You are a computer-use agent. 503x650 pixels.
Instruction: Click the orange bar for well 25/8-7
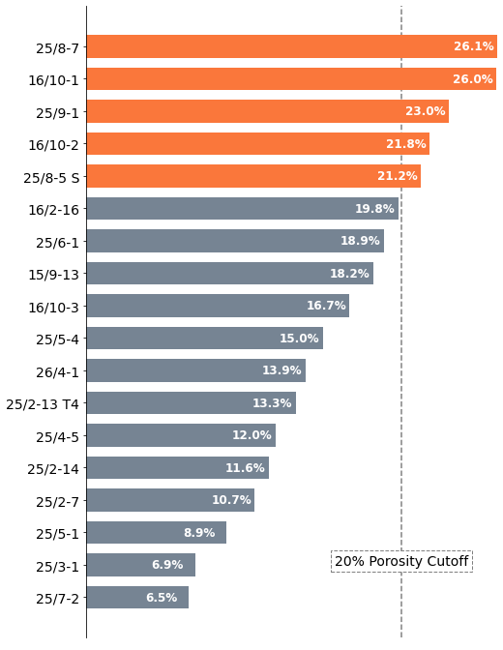(x=292, y=46)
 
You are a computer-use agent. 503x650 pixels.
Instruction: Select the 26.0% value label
(x=473, y=78)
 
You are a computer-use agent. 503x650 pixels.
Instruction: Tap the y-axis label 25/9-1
(x=57, y=113)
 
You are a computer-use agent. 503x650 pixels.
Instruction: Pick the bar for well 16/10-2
(x=258, y=144)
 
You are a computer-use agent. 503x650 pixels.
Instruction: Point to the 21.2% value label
(x=398, y=176)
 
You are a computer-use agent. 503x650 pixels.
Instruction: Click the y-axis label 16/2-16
(x=53, y=210)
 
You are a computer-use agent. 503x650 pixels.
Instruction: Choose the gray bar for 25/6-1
(x=235, y=241)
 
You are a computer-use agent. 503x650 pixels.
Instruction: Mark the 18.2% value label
(x=349, y=273)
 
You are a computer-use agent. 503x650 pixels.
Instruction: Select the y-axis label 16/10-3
(x=53, y=308)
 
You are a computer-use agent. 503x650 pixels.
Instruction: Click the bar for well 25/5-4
(x=205, y=339)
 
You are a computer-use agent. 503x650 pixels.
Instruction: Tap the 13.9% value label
(x=282, y=369)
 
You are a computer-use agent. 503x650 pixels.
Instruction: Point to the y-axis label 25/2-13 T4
(x=43, y=404)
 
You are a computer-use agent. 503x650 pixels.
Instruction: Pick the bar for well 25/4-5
(x=181, y=435)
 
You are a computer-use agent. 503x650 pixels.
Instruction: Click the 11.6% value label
(x=245, y=468)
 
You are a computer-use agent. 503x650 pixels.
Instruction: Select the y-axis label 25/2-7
(x=57, y=502)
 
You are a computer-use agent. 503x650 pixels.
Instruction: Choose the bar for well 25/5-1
(x=157, y=533)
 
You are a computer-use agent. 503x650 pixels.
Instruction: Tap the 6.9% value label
(x=167, y=565)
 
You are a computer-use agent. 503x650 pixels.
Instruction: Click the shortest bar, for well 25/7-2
(x=137, y=598)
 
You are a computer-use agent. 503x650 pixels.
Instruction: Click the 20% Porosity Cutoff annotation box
(x=401, y=561)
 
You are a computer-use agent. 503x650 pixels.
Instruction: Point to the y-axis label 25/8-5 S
(x=51, y=178)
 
